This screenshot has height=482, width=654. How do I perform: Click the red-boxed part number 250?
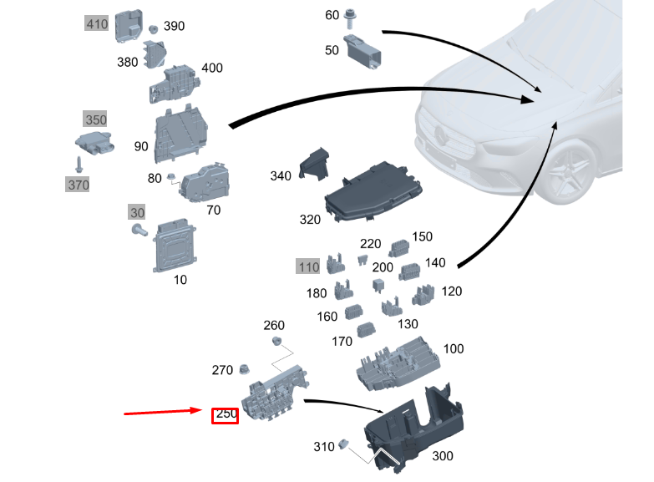coord(226,414)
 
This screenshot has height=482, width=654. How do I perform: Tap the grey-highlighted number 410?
coord(97,24)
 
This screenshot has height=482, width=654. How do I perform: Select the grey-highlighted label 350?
coord(95,120)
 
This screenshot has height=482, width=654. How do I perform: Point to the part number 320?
coord(310,220)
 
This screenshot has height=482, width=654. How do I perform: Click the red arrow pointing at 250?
coord(163,412)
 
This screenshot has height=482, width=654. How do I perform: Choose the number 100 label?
coord(453,348)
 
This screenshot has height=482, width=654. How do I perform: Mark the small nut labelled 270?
coord(246,370)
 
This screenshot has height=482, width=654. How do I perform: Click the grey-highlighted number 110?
coord(308,266)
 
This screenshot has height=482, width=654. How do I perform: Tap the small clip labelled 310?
coord(342,444)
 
